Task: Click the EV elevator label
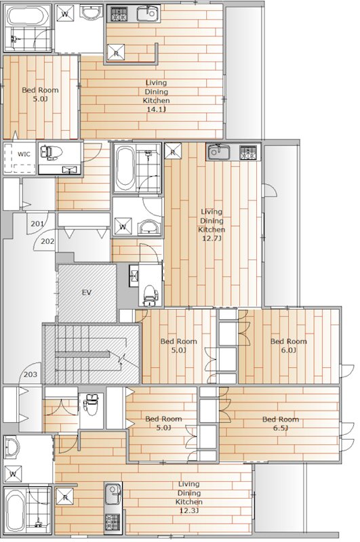coord(86,293)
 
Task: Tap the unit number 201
coord(37,224)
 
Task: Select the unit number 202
coord(47,241)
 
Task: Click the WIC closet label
coord(24,154)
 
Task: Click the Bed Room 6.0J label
coord(288,346)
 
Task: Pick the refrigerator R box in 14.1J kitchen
coord(115,54)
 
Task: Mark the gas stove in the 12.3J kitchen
coord(112,522)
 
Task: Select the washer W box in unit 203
coord(13,472)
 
